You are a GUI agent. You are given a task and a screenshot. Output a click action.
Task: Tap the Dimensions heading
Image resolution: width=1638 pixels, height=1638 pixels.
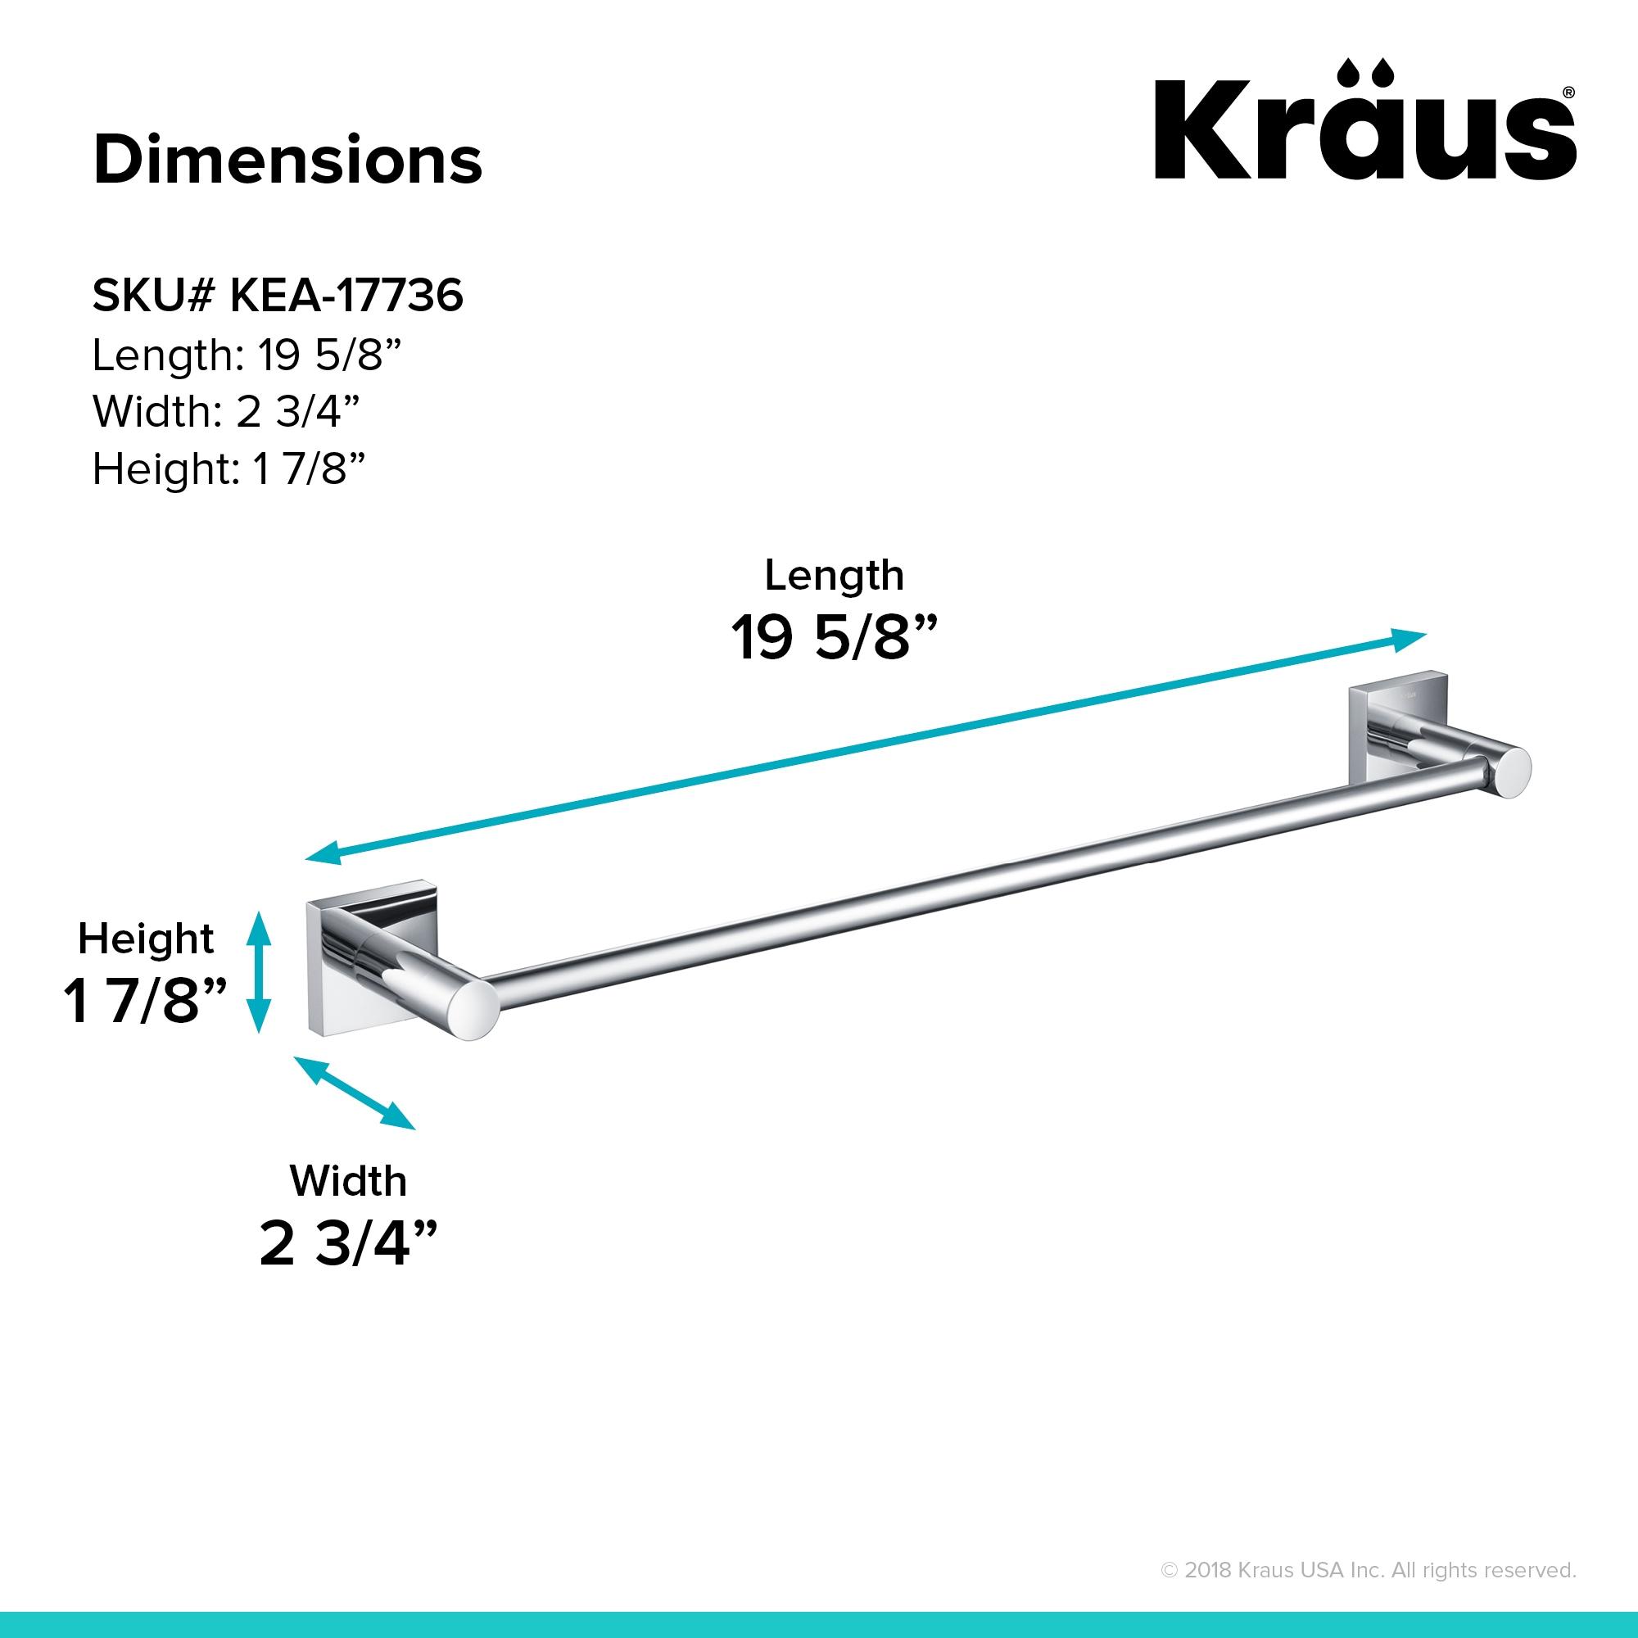pos(287,160)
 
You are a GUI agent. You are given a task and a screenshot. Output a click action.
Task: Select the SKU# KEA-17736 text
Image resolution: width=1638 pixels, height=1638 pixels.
pos(278,296)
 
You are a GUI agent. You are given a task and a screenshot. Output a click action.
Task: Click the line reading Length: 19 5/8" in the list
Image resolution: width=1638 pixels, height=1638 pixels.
pos(245,355)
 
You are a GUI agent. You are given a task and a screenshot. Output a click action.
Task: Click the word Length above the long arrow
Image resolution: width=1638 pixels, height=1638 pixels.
pos(834,576)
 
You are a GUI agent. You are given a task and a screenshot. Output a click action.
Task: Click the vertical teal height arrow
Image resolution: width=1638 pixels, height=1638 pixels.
pos(258,971)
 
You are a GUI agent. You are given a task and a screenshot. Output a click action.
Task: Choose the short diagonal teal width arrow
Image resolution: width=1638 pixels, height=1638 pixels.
pos(355,1093)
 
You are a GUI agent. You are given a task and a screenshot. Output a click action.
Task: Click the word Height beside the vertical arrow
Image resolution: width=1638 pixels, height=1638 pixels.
pos(146,939)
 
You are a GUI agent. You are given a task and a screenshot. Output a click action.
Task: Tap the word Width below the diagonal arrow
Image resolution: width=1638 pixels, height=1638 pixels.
pos(347,1181)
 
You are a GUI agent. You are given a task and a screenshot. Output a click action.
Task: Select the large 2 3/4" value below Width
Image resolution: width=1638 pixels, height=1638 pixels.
pos(347,1243)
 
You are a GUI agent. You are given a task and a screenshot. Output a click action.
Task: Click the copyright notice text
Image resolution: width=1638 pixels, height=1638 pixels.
pos(1368,1570)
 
